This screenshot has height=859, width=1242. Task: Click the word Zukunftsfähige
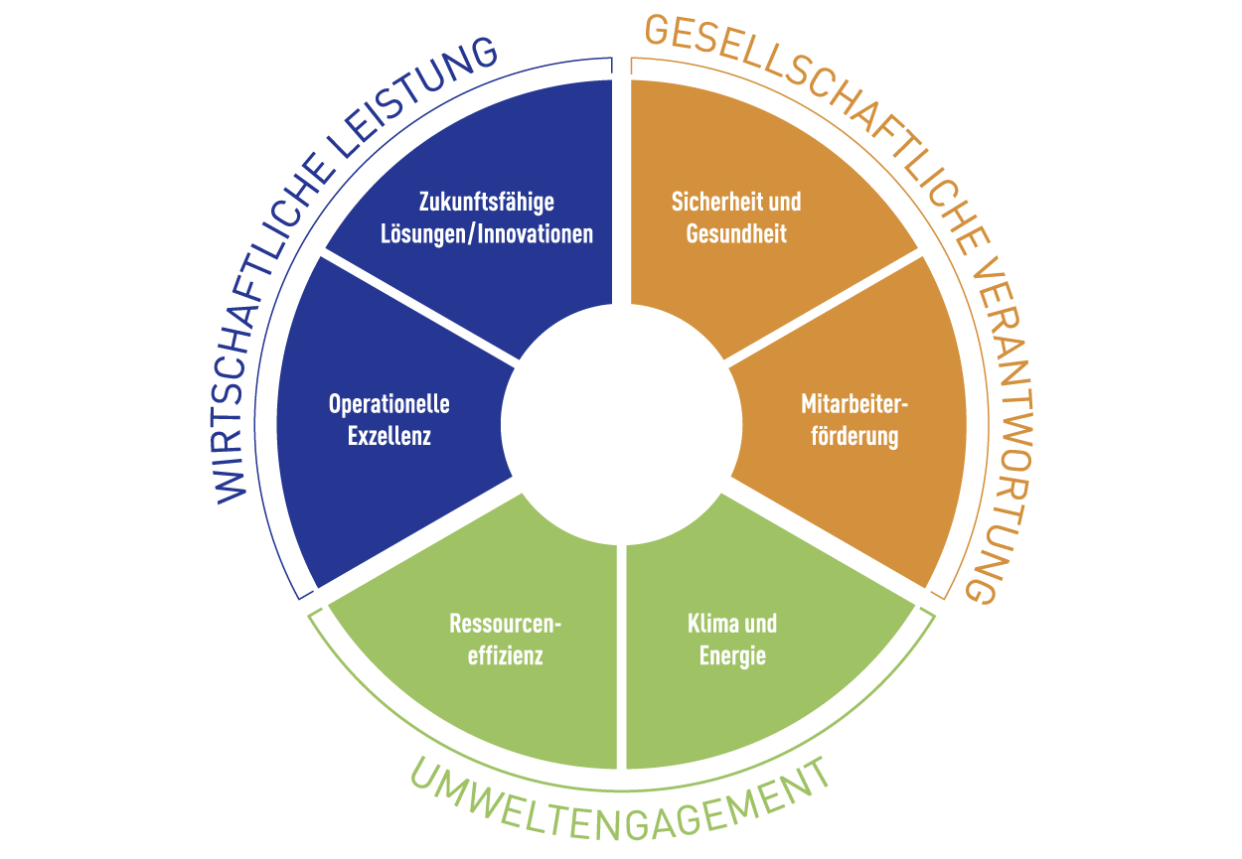pyautogui.click(x=486, y=203)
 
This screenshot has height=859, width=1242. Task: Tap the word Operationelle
pyautogui.click(x=388, y=405)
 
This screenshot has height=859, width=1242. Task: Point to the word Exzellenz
pyautogui.click(x=389, y=436)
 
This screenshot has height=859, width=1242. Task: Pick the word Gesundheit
pyautogui.click(x=736, y=235)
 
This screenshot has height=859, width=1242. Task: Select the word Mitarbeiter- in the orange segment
pyautogui.click(x=854, y=405)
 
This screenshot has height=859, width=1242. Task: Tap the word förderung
pyautogui.click(x=854, y=436)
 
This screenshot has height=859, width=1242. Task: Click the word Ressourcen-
pyautogui.click(x=506, y=625)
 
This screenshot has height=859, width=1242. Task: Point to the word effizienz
pyautogui.click(x=506, y=655)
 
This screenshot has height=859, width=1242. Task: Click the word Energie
pyautogui.click(x=732, y=655)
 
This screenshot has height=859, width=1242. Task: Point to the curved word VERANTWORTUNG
pyautogui.click(x=994, y=417)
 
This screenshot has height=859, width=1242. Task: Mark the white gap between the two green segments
pyautogui.click(x=621, y=655)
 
